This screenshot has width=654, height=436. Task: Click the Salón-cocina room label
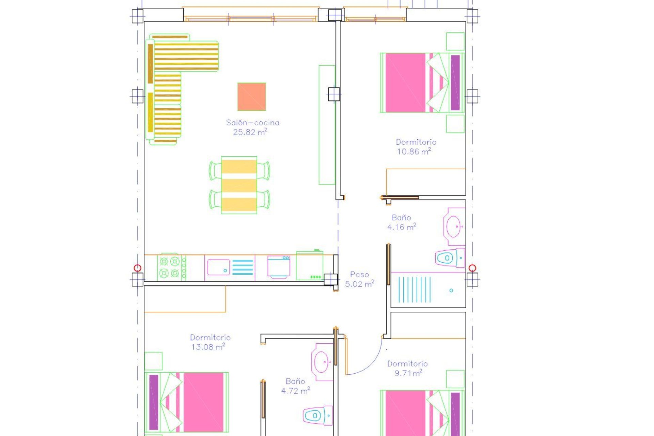coord(252,123)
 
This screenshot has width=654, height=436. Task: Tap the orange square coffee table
coord(251,97)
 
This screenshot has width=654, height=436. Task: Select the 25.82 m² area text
coord(250,132)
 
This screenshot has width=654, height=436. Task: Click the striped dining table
coord(239,185)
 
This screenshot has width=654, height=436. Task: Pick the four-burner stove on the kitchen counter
coord(170,267)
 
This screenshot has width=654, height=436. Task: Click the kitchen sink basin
coord(218,267)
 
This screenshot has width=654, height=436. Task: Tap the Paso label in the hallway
coord(359,275)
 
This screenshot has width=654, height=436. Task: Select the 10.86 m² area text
coord(414,152)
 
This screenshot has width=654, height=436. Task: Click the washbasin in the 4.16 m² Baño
coord(454,226)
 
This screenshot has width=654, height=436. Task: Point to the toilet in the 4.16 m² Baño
coord(450,258)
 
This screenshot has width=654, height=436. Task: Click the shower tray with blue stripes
coord(428,290)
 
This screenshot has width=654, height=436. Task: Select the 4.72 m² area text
coord(295,391)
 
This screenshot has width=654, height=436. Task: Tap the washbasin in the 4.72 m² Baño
coord(322,362)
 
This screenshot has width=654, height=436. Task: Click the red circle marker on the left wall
coord(137,268)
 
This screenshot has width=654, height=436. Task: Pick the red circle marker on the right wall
coord(472,268)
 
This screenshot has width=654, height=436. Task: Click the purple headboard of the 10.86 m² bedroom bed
coord(455,83)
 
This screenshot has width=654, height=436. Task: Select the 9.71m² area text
coord(408,373)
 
